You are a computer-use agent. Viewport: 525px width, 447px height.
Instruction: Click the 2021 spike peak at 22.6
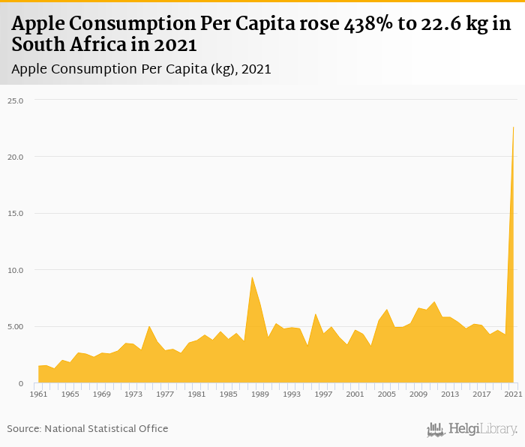pyautogui.click(x=513, y=127)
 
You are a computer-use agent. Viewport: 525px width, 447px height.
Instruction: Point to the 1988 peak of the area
pyautogui.click(x=252, y=277)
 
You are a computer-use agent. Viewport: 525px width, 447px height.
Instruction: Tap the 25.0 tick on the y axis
pyautogui.click(x=16, y=100)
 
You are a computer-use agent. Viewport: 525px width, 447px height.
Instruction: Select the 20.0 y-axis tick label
pyautogui.click(x=16, y=157)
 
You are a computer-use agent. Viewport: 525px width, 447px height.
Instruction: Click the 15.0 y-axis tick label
pyautogui.click(x=16, y=214)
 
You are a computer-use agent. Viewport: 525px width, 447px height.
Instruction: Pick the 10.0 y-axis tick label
pyautogui.click(x=16, y=270)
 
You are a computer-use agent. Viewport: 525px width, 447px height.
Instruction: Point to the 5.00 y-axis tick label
pyautogui.click(x=16, y=327)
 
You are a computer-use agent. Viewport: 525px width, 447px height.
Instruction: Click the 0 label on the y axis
pyautogui.click(x=21, y=383)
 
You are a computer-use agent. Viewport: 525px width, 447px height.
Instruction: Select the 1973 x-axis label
pyautogui.click(x=133, y=394)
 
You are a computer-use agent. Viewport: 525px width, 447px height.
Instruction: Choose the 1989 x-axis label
pyautogui.click(x=259, y=394)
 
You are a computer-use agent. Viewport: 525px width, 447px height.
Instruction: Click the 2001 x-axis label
pyautogui.click(x=355, y=394)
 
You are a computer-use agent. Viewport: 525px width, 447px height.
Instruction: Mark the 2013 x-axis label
pyautogui.click(x=450, y=394)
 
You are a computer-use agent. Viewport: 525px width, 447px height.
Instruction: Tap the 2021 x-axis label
pyautogui.click(x=513, y=394)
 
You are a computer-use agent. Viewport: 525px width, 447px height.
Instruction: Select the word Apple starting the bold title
pyautogui.click(x=37, y=25)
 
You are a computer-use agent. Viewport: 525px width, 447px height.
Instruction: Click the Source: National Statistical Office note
pyautogui.click(x=88, y=429)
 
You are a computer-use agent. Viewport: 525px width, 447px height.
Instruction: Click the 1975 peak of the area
pyautogui.click(x=149, y=326)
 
